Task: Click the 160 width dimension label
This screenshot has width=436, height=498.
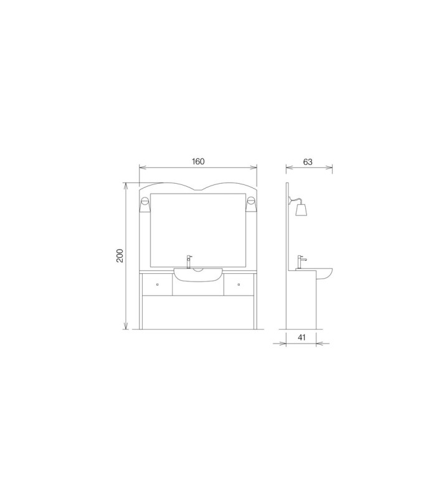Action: coord(198,161)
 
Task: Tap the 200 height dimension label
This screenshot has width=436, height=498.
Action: coord(120,255)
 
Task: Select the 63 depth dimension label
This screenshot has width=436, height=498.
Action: coord(308,162)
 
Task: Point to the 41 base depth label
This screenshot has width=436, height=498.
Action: coord(301,337)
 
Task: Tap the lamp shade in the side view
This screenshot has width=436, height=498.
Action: coord(301,210)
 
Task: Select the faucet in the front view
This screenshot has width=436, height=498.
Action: coord(189,261)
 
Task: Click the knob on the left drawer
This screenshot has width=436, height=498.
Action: coord(158,284)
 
